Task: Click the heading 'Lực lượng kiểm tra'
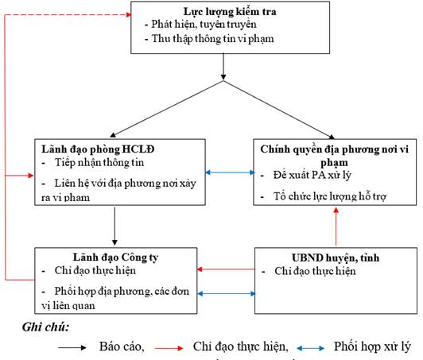230,12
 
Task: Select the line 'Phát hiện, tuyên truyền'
204,25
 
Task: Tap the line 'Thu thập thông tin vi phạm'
212,39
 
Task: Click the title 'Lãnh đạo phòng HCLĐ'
98,149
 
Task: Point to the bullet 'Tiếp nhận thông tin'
99,163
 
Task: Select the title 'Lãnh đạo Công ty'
115,257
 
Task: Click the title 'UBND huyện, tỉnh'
336,257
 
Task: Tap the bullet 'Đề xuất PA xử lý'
312,176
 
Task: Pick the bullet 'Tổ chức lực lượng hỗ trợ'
330,196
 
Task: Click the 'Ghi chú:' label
45,327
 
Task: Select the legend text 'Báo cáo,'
122,346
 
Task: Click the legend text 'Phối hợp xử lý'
373,346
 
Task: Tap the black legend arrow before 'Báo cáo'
72,347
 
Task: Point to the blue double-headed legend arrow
311,348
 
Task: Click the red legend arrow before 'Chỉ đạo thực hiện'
169,348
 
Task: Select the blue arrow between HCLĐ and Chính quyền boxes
230,172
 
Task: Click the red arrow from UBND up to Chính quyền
336,226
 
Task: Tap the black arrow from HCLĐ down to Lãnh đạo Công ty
114,226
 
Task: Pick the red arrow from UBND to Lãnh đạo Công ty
226,269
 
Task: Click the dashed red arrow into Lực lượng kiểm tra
68,14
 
